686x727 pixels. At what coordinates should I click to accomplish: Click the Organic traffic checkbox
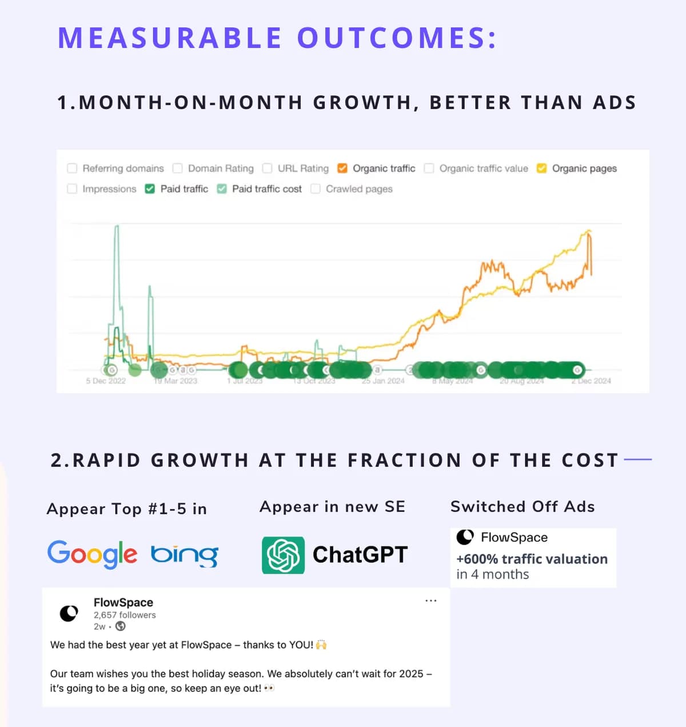(x=342, y=168)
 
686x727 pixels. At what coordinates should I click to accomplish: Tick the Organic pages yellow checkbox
(x=541, y=168)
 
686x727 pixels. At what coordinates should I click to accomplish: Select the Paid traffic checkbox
(x=150, y=189)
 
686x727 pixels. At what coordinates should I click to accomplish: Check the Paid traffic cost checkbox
(x=222, y=189)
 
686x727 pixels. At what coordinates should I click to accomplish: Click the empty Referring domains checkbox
(x=72, y=168)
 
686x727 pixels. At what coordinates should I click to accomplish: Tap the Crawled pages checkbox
(x=316, y=189)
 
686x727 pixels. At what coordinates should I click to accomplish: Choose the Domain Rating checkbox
(x=178, y=168)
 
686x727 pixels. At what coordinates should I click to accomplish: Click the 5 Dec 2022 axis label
(x=106, y=381)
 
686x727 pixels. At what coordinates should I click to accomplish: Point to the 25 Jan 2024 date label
(x=383, y=381)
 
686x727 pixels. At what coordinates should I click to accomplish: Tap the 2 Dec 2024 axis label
(x=591, y=381)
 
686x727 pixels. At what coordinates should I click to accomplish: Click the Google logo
(x=92, y=554)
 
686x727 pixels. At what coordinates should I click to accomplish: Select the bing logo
(x=185, y=554)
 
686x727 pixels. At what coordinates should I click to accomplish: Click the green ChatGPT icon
(x=283, y=555)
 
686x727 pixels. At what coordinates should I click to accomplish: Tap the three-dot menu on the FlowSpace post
(x=431, y=601)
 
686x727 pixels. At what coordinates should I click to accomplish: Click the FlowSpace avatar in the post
(x=69, y=613)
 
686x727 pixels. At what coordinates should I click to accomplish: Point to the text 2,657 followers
(x=125, y=615)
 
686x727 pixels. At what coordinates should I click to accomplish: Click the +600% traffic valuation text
(x=532, y=559)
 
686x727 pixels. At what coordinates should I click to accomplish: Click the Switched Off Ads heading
(x=523, y=506)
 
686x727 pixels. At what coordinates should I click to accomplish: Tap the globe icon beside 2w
(x=121, y=626)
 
